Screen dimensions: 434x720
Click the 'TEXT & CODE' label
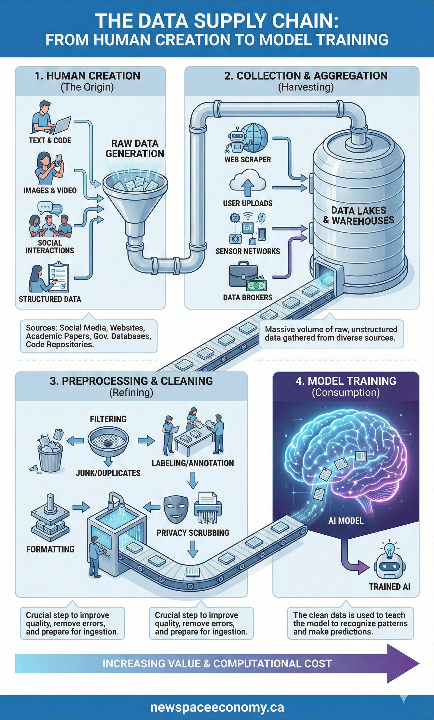coord(50,140)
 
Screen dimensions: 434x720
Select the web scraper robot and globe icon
coord(248,139)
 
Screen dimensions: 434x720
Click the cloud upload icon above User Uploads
coord(248,184)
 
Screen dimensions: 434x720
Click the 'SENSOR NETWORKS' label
coord(248,251)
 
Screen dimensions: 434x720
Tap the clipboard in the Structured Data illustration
coord(59,277)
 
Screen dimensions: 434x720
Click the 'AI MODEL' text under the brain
coord(346,521)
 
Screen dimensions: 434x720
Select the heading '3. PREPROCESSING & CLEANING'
coord(131,381)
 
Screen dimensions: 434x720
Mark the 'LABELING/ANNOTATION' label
coord(193,464)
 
